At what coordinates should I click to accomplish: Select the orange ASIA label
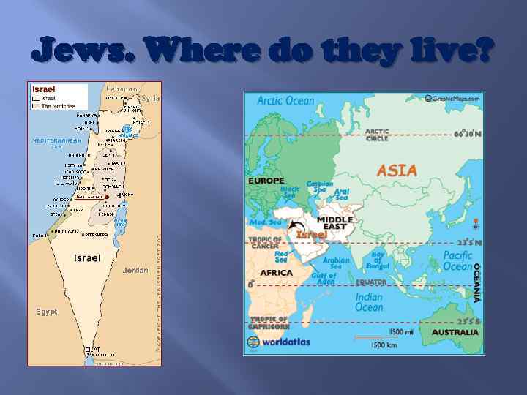tap(396, 170)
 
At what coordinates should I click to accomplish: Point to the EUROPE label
tap(266, 179)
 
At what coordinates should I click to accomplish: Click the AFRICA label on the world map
tap(276, 272)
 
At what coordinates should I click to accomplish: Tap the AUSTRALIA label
tap(455, 332)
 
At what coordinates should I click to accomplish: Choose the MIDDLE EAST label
tap(335, 224)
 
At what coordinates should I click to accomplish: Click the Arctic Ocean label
tap(285, 101)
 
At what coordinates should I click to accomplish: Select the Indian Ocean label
tap(369, 302)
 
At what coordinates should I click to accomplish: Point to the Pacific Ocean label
tap(457, 261)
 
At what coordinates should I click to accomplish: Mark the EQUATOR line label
tap(371, 282)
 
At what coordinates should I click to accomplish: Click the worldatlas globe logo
tap(253, 342)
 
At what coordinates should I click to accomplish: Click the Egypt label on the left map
tap(46, 312)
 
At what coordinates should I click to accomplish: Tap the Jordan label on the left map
tap(135, 270)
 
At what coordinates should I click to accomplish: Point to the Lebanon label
tap(122, 88)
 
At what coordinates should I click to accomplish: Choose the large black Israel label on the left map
tap(87, 258)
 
